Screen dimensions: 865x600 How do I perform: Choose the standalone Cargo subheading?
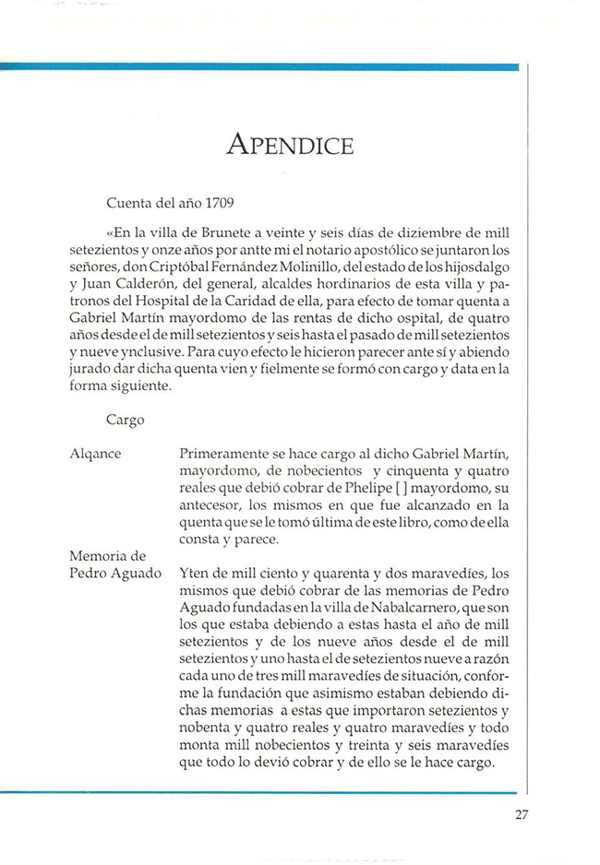pyautogui.click(x=125, y=420)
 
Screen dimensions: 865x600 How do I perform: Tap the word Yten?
pyautogui.click(x=193, y=573)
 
